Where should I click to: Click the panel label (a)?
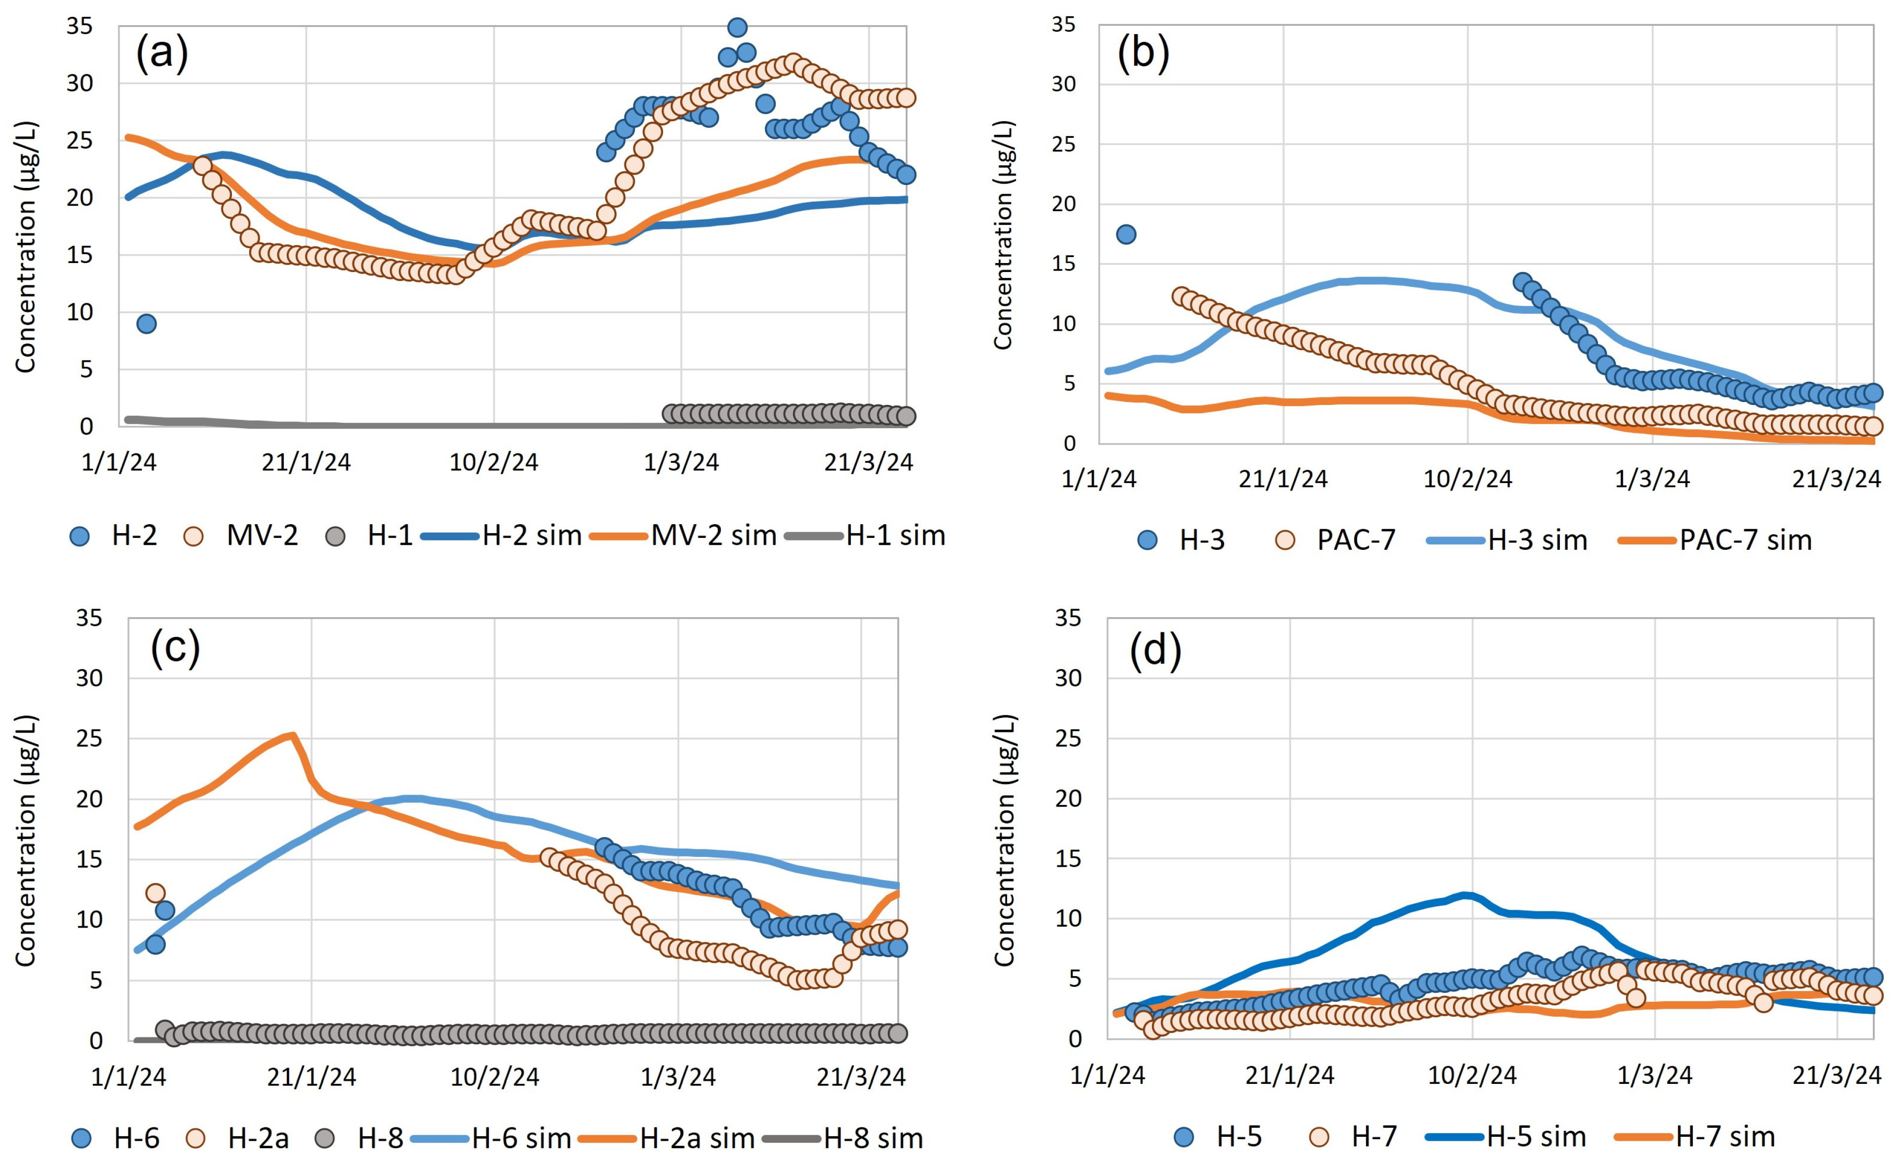point(162,55)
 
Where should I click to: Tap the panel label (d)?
point(1155,651)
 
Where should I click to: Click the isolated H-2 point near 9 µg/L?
point(146,323)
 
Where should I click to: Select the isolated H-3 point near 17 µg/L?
point(1126,234)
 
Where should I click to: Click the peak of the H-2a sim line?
point(293,735)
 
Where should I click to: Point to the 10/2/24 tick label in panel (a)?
point(493,462)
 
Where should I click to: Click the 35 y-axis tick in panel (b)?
point(1063,25)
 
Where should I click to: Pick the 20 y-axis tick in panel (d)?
point(1068,799)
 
